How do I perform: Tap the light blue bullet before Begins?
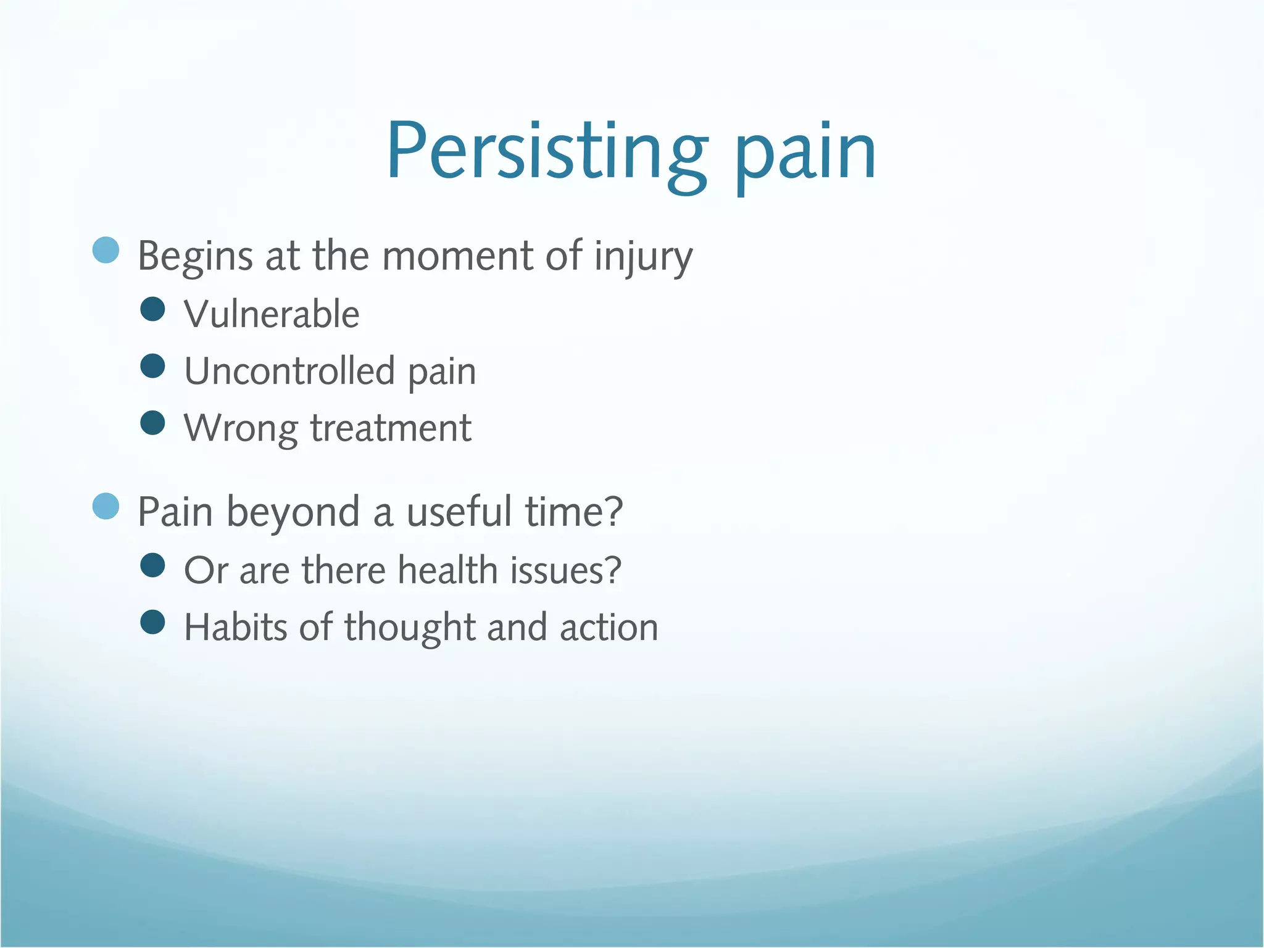click(x=106, y=250)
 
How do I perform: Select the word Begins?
click(x=195, y=256)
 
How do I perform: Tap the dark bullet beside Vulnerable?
click(x=152, y=309)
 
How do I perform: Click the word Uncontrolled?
click(x=289, y=371)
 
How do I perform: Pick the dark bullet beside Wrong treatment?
click(x=152, y=423)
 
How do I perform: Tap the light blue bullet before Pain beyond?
click(x=106, y=506)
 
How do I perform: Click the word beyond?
click(x=293, y=512)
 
